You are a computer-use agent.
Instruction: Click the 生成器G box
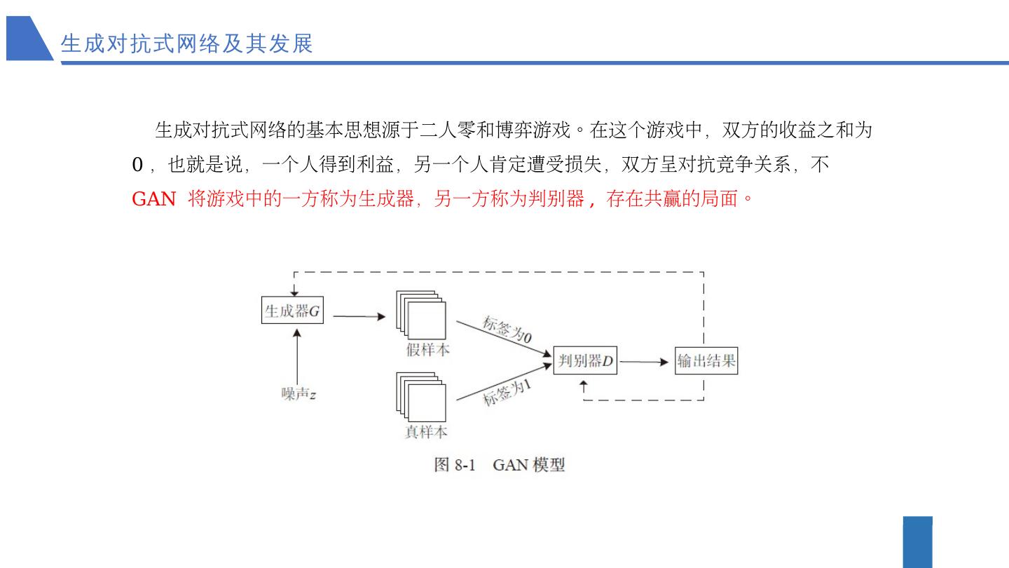pyautogui.click(x=293, y=311)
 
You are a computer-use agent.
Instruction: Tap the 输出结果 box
pyautogui.click(x=706, y=362)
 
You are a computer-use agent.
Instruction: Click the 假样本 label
pyautogui.click(x=427, y=349)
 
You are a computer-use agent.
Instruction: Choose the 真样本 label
pyautogui.click(x=426, y=431)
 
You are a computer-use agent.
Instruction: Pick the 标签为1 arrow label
pyautogui.click(x=507, y=393)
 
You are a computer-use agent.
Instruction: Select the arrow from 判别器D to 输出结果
pyautogui.click(x=644, y=362)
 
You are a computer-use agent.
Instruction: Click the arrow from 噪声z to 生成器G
pyautogui.click(x=298, y=357)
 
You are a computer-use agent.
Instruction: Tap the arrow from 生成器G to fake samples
pyautogui.click(x=359, y=316)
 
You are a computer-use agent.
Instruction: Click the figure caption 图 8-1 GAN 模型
pyautogui.click(x=499, y=464)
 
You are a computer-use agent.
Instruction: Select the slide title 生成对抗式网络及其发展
pyautogui.click(x=186, y=43)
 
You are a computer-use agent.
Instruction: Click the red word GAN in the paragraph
pyautogui.click(x=153, y=199)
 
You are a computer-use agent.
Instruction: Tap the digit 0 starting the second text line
pyautogui.click(x=137, y=165)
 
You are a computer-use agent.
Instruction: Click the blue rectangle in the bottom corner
pyautogui.click(x=918, y=542)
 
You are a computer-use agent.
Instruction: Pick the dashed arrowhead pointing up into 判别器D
pyautogui.click(x=584, y=385)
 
